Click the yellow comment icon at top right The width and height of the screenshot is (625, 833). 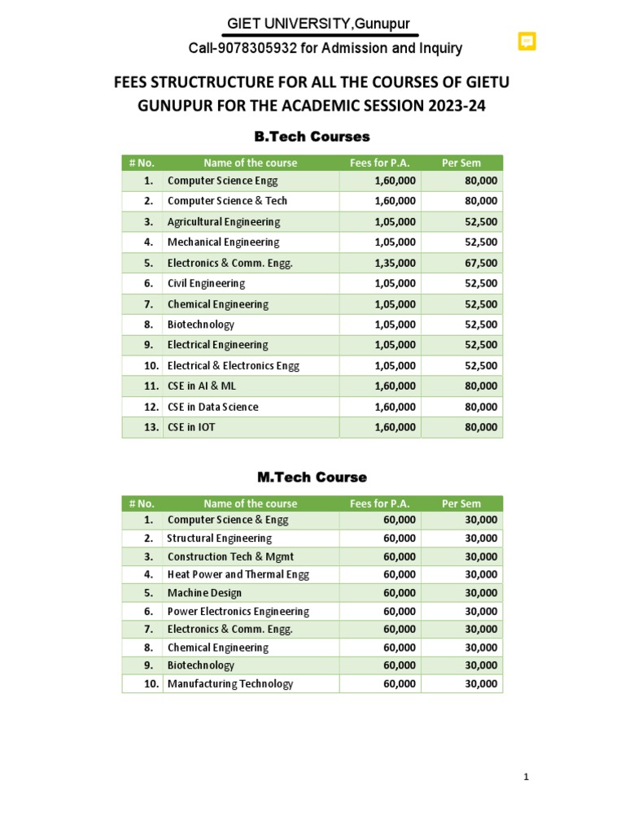[x=527, y=41]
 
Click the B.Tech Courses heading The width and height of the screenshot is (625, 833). [x=312, y=136]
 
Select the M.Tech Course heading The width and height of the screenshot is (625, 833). [x=312, y=477]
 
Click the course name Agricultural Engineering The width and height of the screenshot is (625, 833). [x=223, y=221]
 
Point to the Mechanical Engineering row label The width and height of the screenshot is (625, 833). [x=223, y=242]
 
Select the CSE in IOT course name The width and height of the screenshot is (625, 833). [x=191, y=427]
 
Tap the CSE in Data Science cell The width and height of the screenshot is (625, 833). [x=212, y=407]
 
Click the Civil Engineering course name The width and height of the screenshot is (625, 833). [x=206, y=283]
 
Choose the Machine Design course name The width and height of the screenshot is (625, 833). [x=204, y=593]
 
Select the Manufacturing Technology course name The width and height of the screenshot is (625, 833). [x=230, y=684]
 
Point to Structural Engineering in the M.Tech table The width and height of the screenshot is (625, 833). [x=220, y=539]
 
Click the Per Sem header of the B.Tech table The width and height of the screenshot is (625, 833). [x=461, y=163]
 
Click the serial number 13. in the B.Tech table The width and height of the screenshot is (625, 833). [x=149, y=427]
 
